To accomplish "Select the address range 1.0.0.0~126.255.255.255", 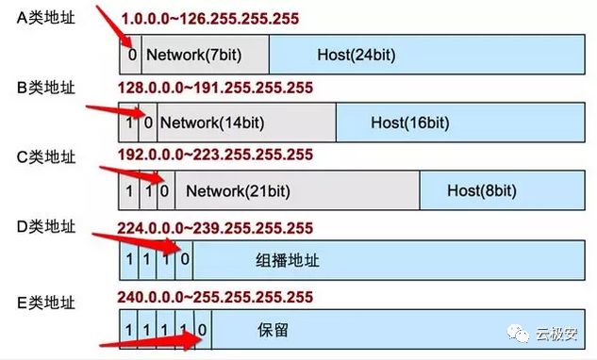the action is (x=214, y=19).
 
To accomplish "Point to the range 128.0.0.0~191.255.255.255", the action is (x=214, y=88).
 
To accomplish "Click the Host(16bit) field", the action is (x=409, y=123).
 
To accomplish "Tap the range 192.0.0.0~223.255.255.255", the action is (x=214, y=155).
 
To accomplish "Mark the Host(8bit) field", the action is (x=477, y=191).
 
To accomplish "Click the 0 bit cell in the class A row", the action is (x=133, y=55).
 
